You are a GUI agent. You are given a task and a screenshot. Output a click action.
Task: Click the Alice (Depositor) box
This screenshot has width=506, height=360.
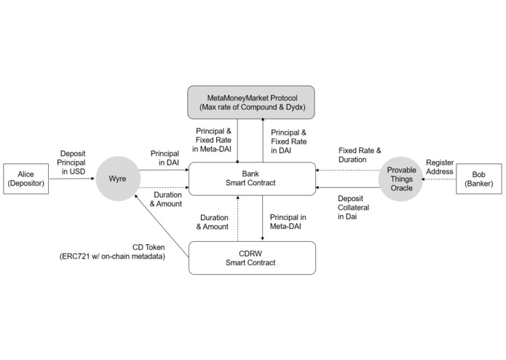[25, 179]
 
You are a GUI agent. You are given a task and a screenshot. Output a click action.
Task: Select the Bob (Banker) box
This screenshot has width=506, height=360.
[479, 179]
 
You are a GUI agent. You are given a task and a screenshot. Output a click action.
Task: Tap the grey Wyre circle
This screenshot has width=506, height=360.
[116, 179]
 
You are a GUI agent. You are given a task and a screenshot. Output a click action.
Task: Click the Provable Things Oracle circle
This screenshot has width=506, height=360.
[400, 179]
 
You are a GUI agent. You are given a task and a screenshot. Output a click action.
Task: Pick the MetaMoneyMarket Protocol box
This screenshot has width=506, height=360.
[251, 103]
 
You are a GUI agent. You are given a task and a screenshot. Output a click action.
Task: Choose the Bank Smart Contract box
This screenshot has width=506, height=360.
[251, 179]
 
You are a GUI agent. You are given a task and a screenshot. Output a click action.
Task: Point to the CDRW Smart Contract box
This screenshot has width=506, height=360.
[251, 258]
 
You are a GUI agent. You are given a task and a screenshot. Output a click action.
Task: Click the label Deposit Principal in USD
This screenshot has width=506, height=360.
[72, 161]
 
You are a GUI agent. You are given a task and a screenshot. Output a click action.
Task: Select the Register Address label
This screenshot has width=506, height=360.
[440, 167]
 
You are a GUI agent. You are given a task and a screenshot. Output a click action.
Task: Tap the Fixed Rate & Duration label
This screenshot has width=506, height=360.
[359, 154]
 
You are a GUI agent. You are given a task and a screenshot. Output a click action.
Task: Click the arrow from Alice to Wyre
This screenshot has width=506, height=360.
[72, 179]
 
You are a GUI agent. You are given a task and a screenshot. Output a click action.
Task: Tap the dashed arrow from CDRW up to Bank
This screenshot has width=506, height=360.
[237, 219]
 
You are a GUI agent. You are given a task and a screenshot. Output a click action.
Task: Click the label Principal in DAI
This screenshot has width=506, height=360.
[165, 160]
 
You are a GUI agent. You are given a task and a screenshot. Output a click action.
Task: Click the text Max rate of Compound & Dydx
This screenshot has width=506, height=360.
[251, 108]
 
